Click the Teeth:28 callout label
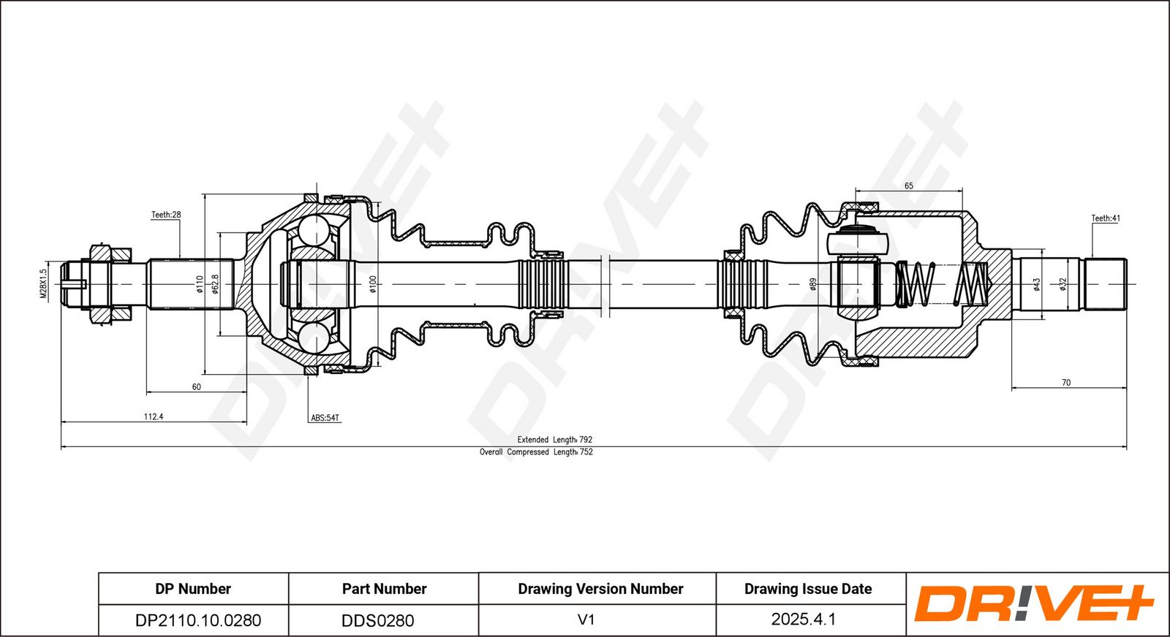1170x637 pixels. pos(166,215)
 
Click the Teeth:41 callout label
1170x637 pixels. pos(1106,218)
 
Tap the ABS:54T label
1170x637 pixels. pos(325,418)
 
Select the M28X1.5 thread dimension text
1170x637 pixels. pos(43,283)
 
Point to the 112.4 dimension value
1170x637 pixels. pos(154,416)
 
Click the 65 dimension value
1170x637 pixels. pos(909,186)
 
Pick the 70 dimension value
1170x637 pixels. pos(1066,383)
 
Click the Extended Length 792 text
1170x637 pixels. pos(555,440)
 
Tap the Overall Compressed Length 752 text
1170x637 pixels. pos(536,452)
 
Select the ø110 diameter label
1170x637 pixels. pos(199,283)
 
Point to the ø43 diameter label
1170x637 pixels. pos(1036,284)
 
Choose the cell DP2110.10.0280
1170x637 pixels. pos(198,620)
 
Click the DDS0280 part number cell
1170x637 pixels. pos(378,620)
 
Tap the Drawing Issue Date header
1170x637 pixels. pos(808,589)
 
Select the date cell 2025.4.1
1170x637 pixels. pos(804,619)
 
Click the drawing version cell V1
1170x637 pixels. pos(586,619)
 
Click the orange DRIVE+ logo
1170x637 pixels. pos(1033,603)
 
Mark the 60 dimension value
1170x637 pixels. pos(197,387)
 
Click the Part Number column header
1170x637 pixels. pos(384,589)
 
